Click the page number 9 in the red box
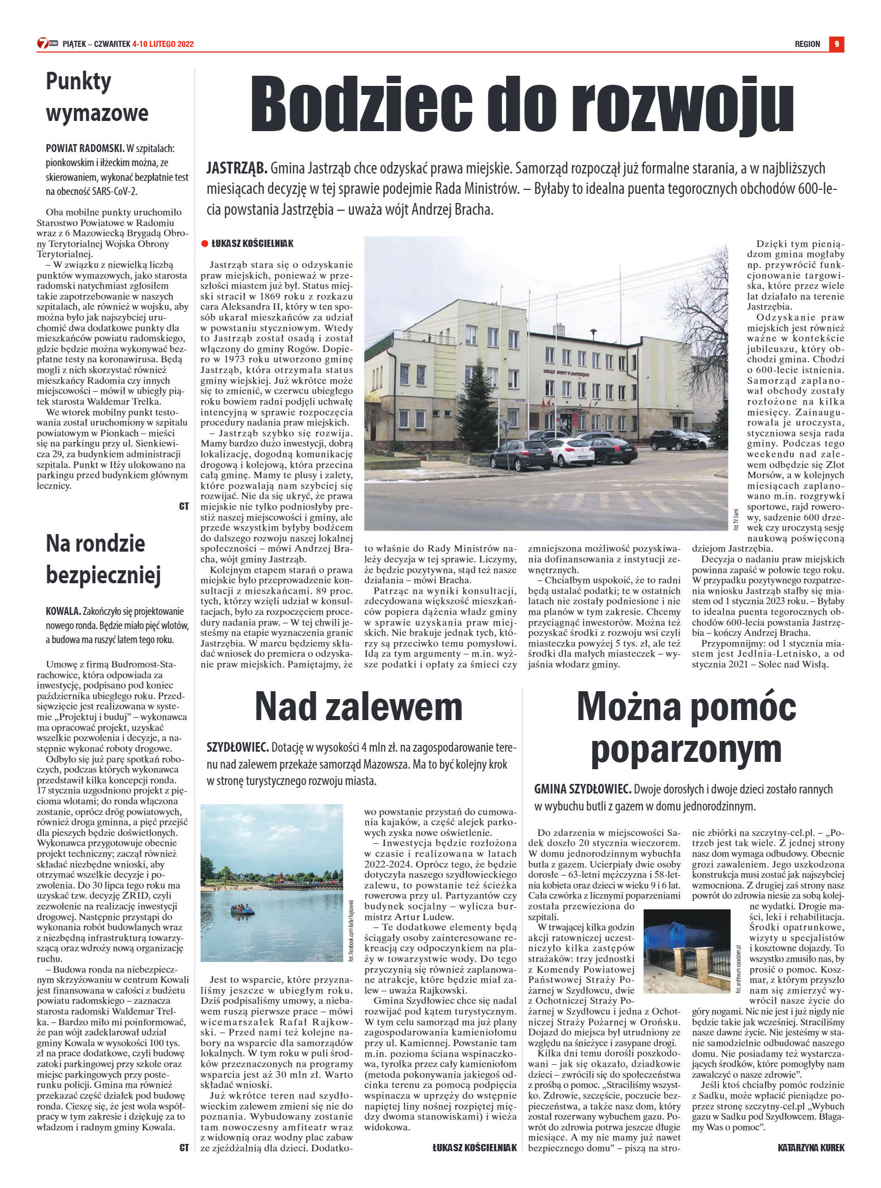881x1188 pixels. click(836, 44)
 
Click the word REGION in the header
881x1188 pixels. click(807, 44)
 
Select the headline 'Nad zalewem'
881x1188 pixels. click(359, 706)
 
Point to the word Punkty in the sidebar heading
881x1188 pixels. click(79, 81)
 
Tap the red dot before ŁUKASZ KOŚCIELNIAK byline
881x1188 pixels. click(204, 244)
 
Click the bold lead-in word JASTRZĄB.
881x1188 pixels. click(237, 168)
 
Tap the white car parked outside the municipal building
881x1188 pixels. click(571, 452)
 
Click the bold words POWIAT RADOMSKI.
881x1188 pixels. click(85, 149)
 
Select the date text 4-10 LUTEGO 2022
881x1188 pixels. click(163, 44)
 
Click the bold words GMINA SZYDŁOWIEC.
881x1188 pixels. click(582, 789)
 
